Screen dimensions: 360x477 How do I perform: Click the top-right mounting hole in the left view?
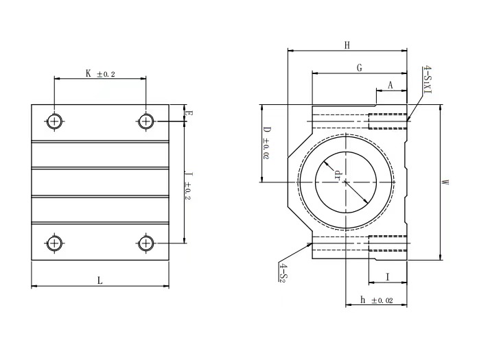point(146,121)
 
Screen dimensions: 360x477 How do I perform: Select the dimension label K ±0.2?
point(100,73)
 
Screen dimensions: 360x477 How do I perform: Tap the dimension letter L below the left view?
point(100,280)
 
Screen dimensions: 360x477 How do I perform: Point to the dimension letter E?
point(189,114)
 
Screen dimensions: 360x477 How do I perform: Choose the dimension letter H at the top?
point(347,45)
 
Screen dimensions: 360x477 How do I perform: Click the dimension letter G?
point(359,67)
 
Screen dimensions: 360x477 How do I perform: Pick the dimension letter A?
point(391,85)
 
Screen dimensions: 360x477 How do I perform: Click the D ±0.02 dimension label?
point(267,143)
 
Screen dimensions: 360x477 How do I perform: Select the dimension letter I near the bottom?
point(388,277)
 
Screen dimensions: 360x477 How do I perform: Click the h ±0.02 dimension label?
point(376,300)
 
